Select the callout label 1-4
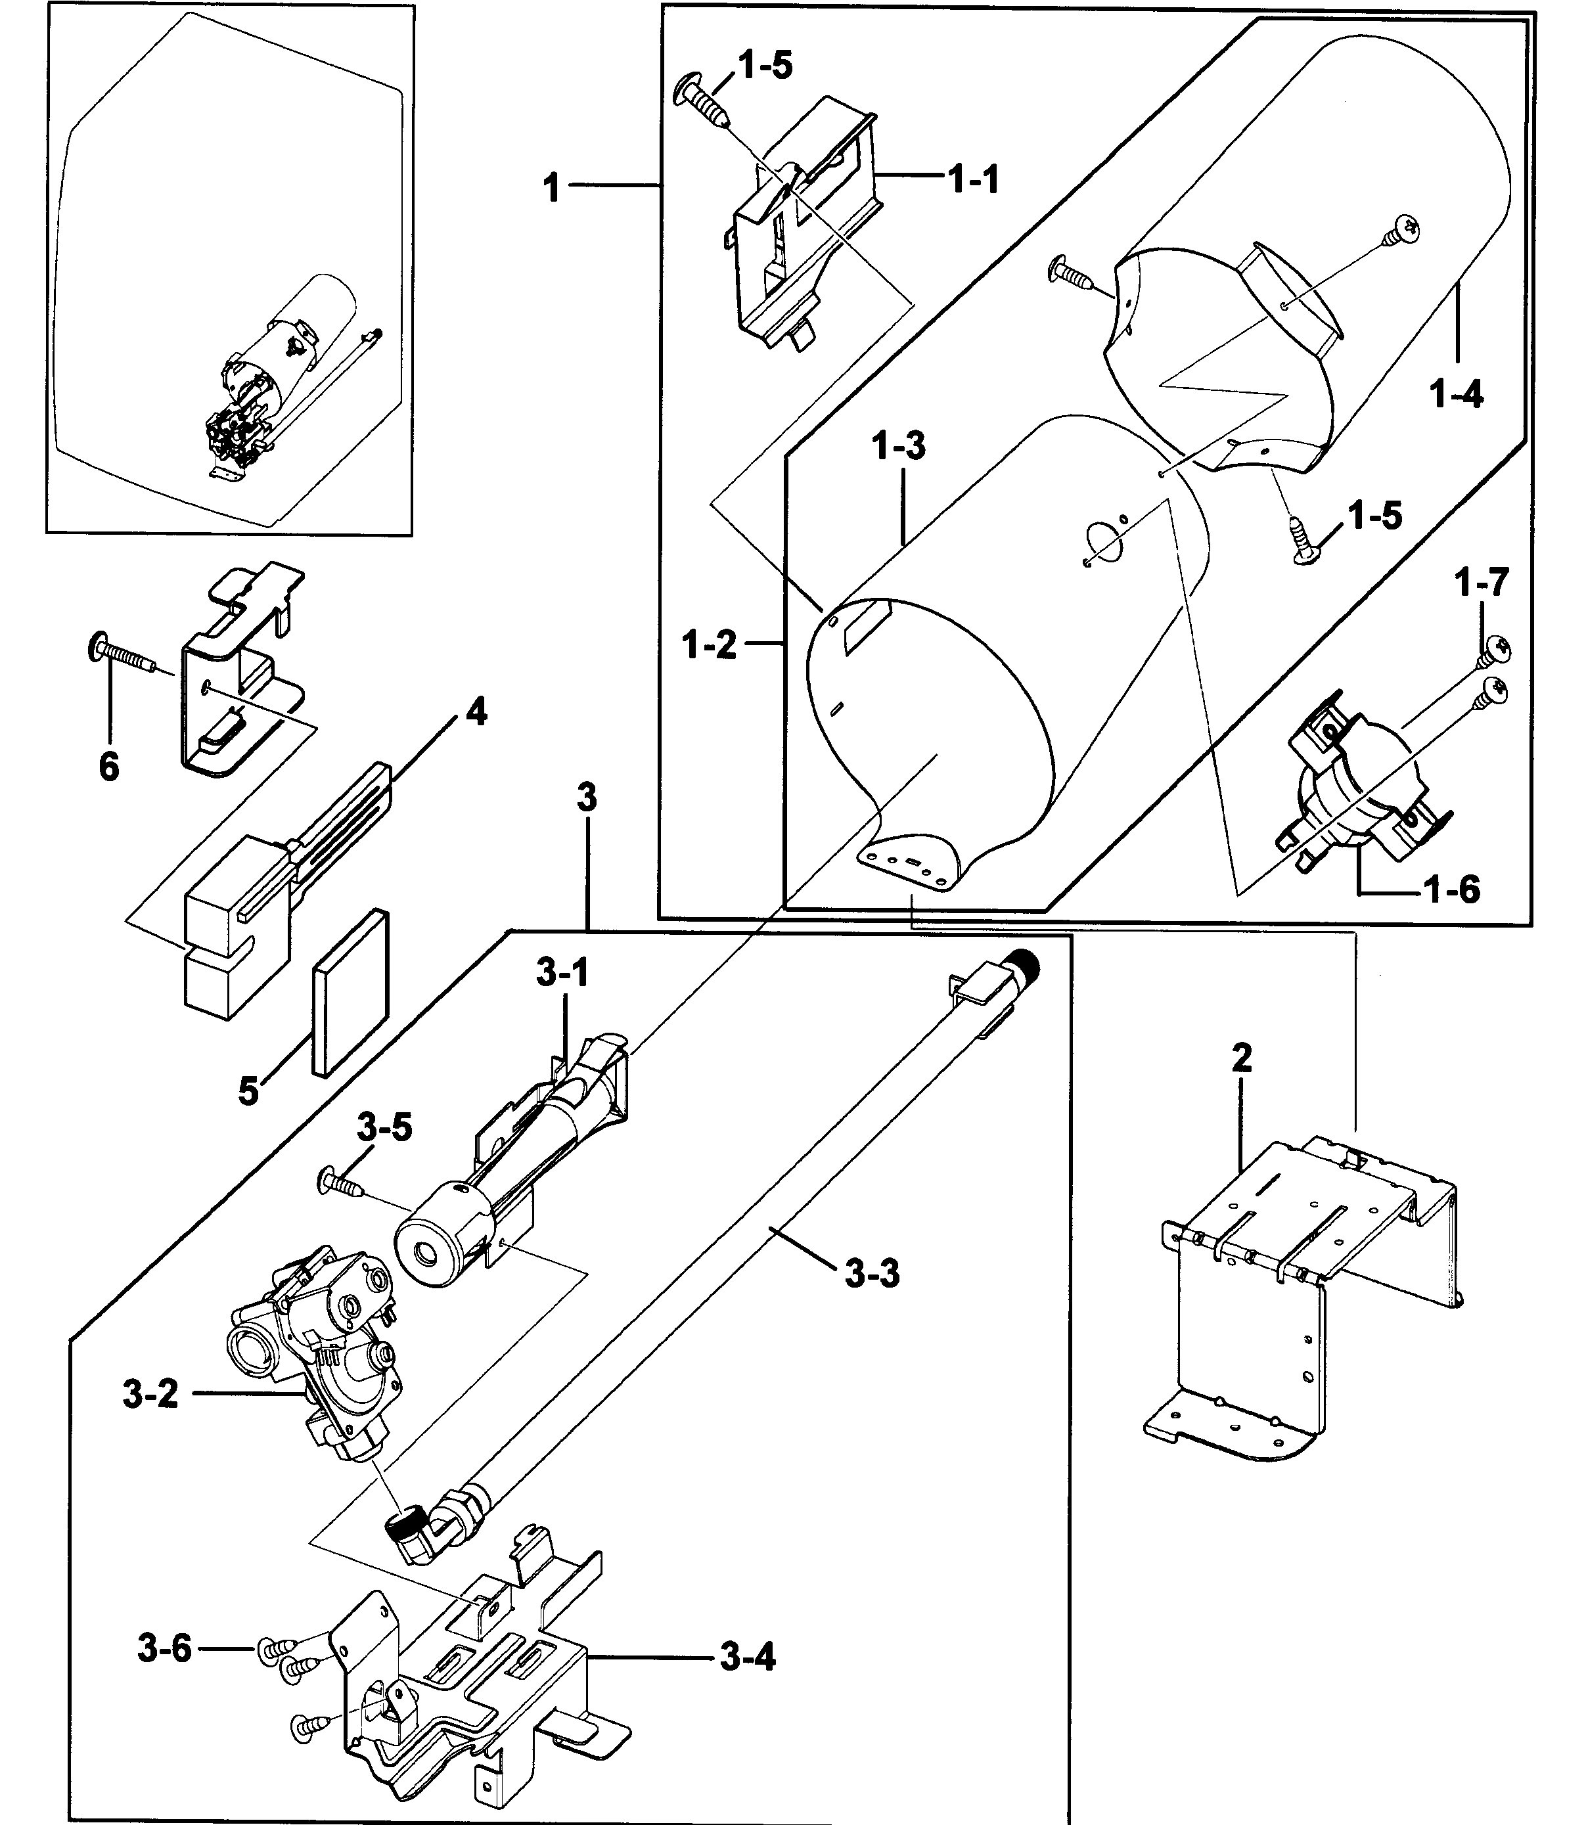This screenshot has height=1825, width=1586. pos(1457,393)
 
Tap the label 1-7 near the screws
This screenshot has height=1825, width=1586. pos(1482,583)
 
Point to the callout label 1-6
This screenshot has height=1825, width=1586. pos(1453,890)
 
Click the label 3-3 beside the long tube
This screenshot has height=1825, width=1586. pos(872,1274)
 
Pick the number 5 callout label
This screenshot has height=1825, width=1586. pos(249,1091)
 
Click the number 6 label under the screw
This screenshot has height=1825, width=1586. pos(109,767)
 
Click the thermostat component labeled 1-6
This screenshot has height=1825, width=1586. pos(1354,788)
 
